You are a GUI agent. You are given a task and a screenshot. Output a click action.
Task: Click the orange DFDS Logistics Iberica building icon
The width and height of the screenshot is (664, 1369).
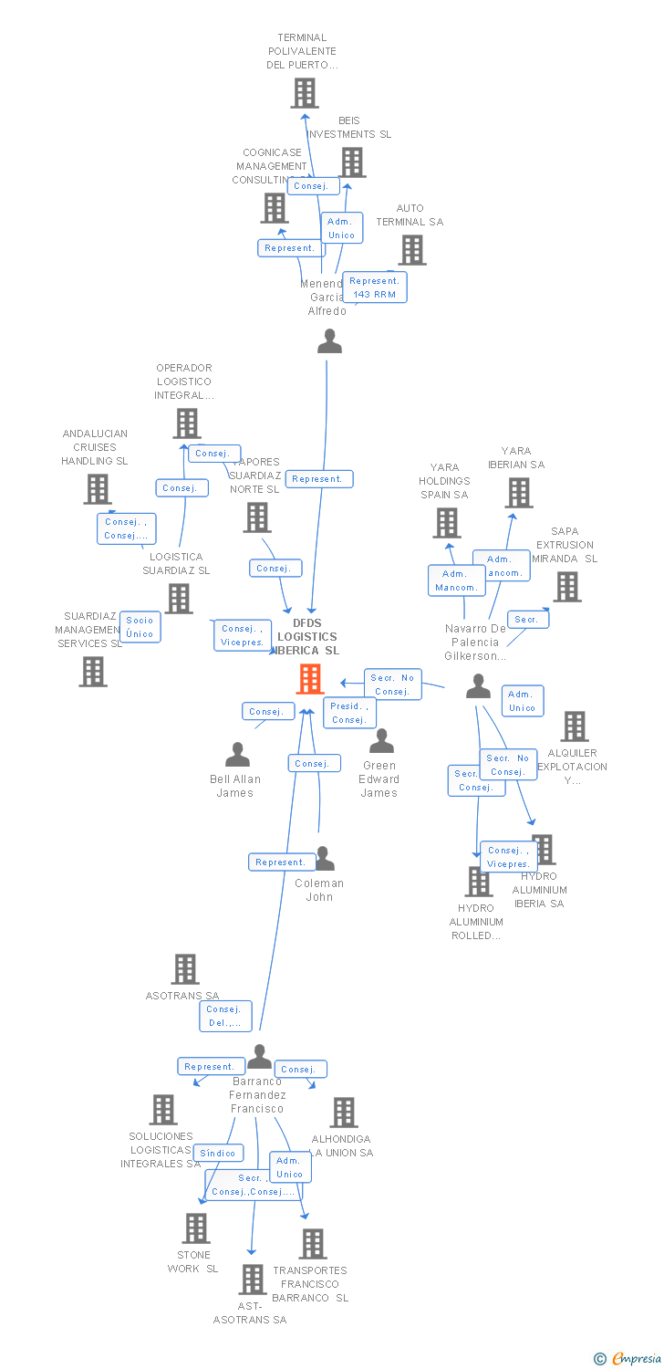[310, 679]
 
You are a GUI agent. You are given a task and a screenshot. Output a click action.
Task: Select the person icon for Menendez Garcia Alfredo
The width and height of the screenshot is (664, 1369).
[329, 341]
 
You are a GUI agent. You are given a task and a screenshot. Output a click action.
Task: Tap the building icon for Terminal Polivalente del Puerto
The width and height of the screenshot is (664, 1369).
[305, 93]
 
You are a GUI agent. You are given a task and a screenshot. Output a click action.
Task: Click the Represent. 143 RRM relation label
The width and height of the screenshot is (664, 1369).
[375, 287]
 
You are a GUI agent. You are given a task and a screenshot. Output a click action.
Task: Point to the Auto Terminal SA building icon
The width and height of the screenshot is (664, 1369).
[412, 250]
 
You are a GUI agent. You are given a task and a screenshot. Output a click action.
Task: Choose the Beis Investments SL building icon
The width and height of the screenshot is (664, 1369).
[353, 162]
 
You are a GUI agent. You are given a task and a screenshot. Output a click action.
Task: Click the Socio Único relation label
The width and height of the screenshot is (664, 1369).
[140, 627]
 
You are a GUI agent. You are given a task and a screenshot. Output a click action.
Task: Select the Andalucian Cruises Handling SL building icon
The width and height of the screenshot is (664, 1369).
[98, 489]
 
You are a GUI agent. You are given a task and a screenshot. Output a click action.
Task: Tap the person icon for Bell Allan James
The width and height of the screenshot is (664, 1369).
[237, 755]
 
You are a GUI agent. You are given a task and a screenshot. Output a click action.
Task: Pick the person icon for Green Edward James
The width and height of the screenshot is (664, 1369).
[381, 741]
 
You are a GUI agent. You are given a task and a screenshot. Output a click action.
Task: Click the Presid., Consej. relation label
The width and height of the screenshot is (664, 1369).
[349, 713]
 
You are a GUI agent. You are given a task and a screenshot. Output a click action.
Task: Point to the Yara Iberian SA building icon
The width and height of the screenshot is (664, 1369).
[519, 493]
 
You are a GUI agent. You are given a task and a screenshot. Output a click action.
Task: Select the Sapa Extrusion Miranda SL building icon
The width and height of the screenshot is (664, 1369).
[567, 587]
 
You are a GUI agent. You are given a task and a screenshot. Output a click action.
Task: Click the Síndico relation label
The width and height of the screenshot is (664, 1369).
[219, 1154]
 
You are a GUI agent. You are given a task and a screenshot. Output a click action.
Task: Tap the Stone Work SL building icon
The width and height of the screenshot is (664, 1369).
[196, 1228]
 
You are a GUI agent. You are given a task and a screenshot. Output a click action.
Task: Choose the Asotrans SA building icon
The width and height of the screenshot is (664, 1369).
[185, 969]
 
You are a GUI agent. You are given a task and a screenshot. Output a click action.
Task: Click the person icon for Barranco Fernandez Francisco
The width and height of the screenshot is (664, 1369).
[260, 1057]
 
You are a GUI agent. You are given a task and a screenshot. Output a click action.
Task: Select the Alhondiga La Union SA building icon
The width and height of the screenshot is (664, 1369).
[344, 1113]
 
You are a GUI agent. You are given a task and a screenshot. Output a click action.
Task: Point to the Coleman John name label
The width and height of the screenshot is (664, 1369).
[319, 890]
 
